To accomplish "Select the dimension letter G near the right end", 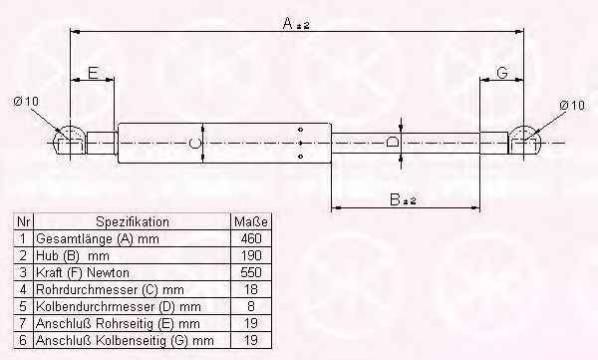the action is coord(502,72).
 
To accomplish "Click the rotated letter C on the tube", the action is coord(195,144).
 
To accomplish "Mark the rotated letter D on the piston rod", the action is coord(393,143).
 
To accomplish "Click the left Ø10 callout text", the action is coord(26,102).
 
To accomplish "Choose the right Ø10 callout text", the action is coord(572,105).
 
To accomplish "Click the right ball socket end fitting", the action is coord(524,140).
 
